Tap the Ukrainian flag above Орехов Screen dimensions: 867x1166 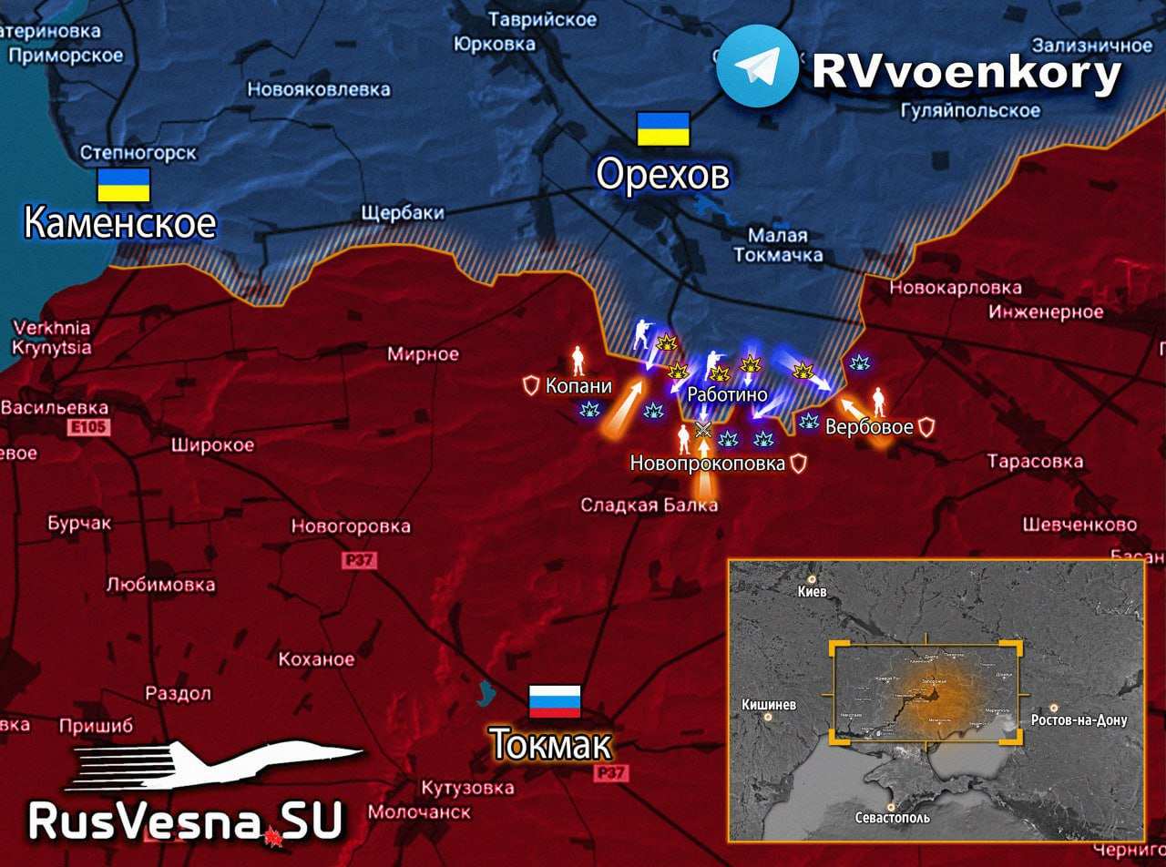coord(663,129)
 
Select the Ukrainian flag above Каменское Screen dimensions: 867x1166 coord(124,185)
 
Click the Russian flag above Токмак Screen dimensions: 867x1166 coord(555,701)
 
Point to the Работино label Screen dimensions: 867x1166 coord(727,395)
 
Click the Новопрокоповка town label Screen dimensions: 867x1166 coord(707,464)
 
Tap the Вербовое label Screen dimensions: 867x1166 coord(869,427)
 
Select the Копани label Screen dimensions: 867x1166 coord(578,386)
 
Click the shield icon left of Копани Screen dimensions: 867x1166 coord(531,385)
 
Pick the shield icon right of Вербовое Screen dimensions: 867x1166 coord(926,426)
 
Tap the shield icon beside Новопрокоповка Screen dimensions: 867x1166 coord(798,464)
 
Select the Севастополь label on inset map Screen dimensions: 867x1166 coord(892,817)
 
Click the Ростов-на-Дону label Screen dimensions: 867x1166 coord(1079,719)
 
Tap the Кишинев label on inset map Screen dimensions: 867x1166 coord(769,705)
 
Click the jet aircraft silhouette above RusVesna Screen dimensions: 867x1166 coord(219,765)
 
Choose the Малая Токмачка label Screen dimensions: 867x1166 coord(778,246)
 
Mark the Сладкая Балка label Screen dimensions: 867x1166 coord(649,505)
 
